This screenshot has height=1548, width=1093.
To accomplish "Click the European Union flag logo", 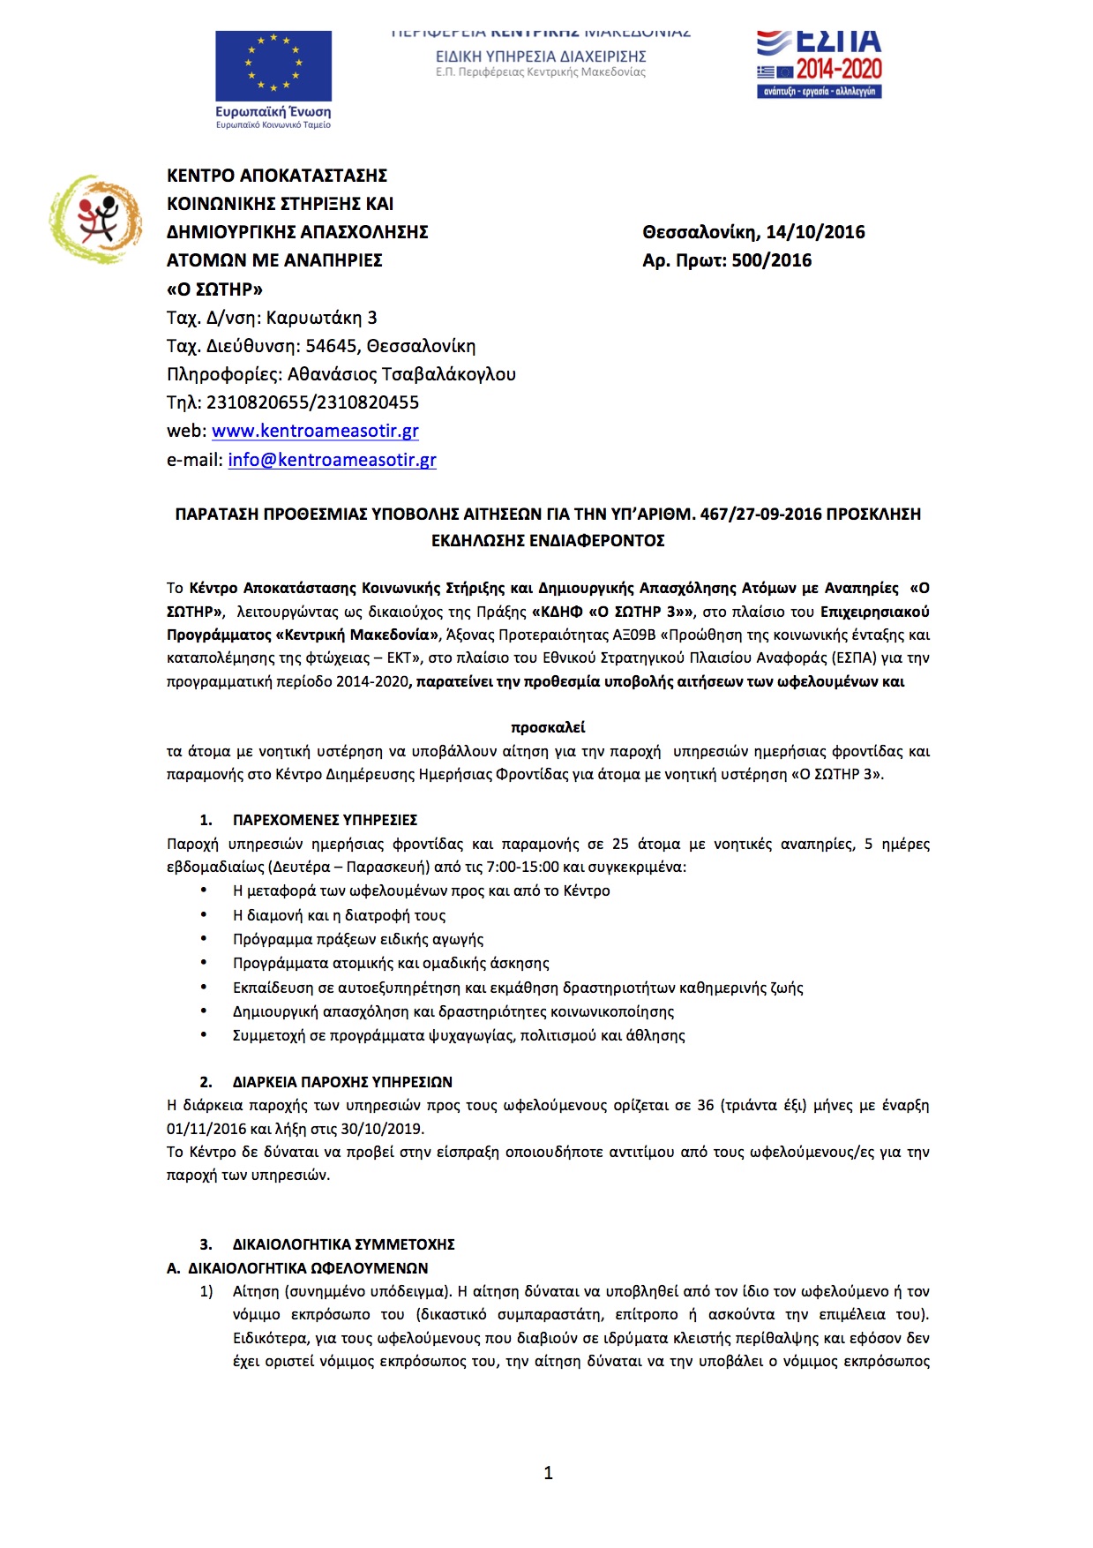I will [273, 66].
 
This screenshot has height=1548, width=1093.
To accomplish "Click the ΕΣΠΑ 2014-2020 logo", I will [819, 64].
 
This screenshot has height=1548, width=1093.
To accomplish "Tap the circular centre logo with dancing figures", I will [96, 219].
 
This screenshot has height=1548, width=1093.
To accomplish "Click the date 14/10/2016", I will [815, 232].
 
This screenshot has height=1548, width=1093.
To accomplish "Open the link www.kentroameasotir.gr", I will [315, 431].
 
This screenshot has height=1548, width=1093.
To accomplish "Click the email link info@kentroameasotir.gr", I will [332, 460].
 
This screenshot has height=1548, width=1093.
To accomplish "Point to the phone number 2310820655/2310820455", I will [312, 402].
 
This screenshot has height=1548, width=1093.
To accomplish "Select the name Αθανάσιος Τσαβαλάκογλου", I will [401, 374].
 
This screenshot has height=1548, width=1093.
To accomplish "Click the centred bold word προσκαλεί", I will [548, 727].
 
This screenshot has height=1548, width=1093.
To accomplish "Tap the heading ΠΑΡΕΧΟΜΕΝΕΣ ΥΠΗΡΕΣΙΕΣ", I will [325, 820].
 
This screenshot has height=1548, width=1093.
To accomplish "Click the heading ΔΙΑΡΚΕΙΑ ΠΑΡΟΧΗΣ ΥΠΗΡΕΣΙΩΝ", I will [342, 1082].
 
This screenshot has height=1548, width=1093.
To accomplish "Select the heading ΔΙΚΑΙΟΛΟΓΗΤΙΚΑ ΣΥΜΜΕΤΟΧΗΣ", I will [343, 1244].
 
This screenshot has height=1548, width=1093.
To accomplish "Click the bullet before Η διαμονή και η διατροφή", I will [204, 915].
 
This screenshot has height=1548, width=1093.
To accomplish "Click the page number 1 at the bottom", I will [548, 1472].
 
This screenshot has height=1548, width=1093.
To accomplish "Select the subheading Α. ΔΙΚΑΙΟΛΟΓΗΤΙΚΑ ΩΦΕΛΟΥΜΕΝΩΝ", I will [297, 1268].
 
